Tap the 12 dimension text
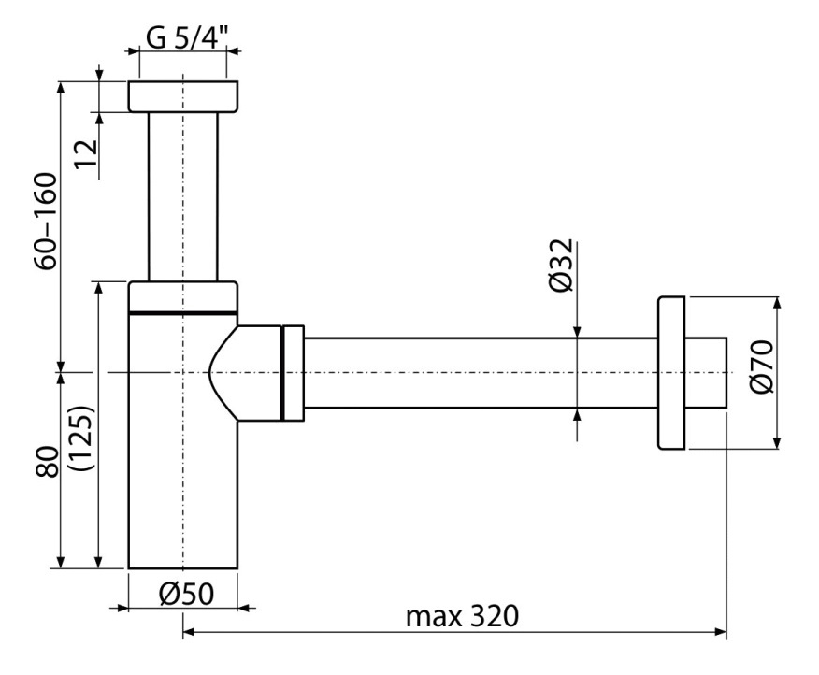click(x=86, y=153)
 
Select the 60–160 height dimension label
click(x=46, y=221)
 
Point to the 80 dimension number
click(x=48, y=461)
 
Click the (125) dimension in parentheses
click(x=83, y=438)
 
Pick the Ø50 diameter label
click(x=186, y=594)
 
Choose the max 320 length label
click(x=462, y=616)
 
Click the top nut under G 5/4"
click(x=183, y=96)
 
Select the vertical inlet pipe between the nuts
click(x=183, y=197)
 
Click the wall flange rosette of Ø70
click(x=671, y=372)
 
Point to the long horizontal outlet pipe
click(x=481, y=372)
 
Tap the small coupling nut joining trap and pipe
click(x=293, y=372)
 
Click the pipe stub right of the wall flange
click(x=705, y=372)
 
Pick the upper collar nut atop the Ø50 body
click(x=183, y=297)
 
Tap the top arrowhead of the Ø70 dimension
click(x=778, y=303)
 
